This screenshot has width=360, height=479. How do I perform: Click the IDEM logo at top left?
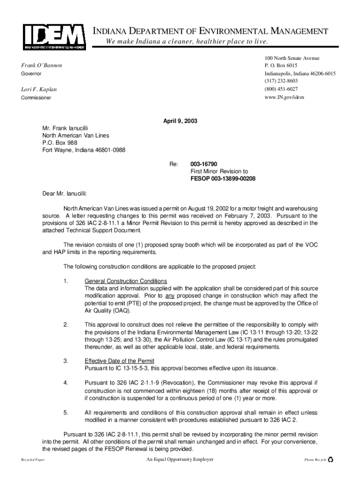[x=54, y=36]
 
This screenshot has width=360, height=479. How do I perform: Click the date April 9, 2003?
[x=180, y=121]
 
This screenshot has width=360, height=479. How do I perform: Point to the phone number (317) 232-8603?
[x=281, y=81]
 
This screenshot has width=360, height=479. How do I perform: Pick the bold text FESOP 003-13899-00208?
[x=223, y=179]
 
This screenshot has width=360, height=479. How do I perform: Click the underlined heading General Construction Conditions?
[x=125, y=281]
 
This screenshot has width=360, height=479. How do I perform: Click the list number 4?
[x=66, y=383]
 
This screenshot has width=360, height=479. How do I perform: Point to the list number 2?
[x=66, y=325]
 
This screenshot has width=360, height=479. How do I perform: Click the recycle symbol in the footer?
[x=331, y=460]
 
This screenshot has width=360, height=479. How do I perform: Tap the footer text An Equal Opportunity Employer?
[x=180, y=459]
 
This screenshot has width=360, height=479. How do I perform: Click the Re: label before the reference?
[x=173, y=165]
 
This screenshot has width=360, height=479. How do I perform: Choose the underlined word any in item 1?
[x=170, y=296]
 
